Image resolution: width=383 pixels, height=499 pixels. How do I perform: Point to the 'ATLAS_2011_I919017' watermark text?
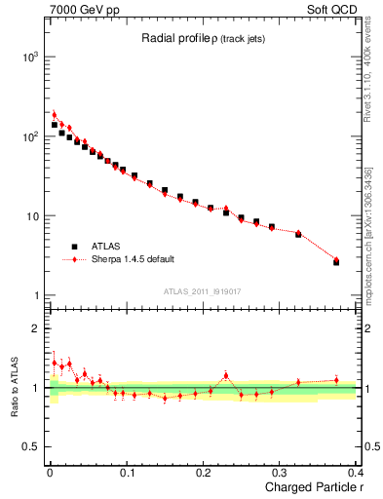click(x=201, y=290)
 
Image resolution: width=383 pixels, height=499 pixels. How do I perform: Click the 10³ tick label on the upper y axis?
click(x=30, y=58)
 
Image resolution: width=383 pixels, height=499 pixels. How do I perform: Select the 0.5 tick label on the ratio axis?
click(x=33, y=447)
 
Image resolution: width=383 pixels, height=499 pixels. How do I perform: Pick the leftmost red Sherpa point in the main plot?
click(x=55, y=115)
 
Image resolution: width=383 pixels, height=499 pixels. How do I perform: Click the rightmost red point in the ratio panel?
click(x=336, y=380)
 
